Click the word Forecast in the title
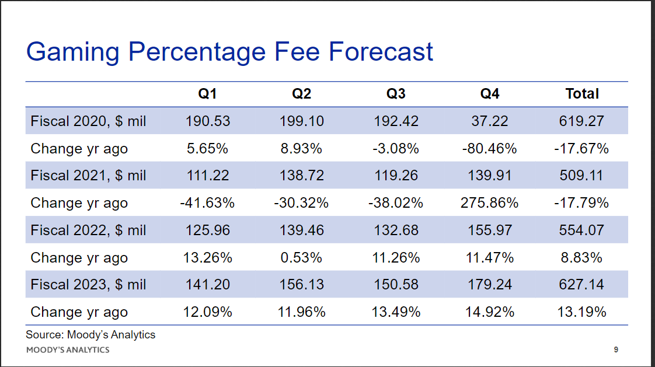click(381, 52)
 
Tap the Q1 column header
click(207, 94)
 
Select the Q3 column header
click(396, 94)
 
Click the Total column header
click(582, 93)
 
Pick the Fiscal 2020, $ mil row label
click(88, 121)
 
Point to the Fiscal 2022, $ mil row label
click(88, 230)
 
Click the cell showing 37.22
click(490, 121)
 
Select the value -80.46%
click(490, 148)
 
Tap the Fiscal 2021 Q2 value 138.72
click(302, 176)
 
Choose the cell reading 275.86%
click(490, 203)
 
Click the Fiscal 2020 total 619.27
click(581, 121)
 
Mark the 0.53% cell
click(301, 258)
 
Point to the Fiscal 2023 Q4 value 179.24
click(490, 285)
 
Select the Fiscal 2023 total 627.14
click(581, 285)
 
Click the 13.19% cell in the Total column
click(581, 312)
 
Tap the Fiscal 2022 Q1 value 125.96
click(208, 230)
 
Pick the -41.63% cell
click(207, 203)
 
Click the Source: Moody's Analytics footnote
click(90, 335)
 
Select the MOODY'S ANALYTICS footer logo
click(68, 350)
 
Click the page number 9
click(616, 349)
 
